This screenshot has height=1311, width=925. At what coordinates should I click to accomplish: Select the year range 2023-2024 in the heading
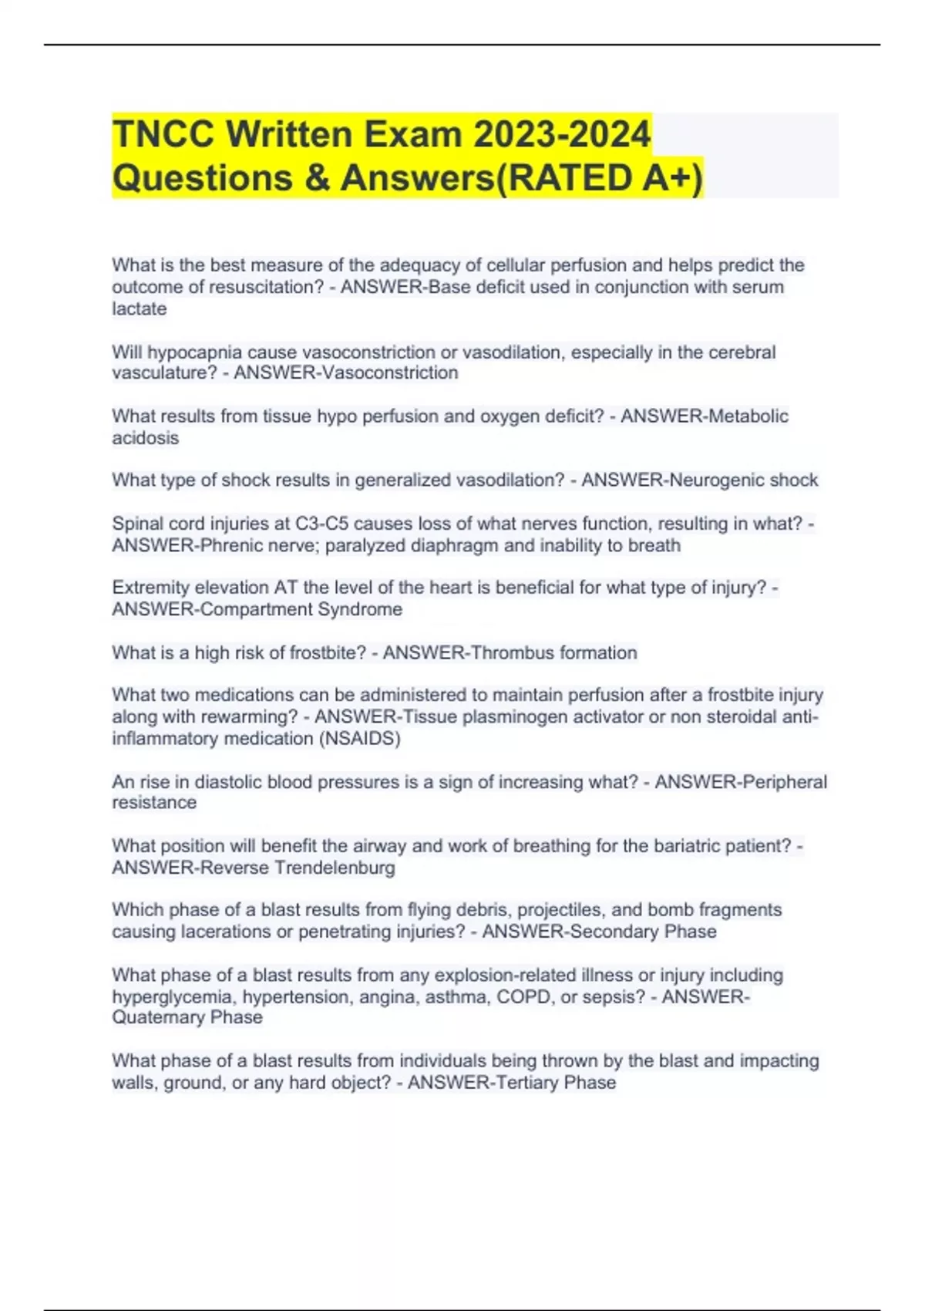(x=562, y=134)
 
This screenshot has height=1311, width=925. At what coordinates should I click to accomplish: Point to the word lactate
(x=140, y=308)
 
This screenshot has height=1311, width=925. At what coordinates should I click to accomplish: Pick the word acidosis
(x=146, y=438)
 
